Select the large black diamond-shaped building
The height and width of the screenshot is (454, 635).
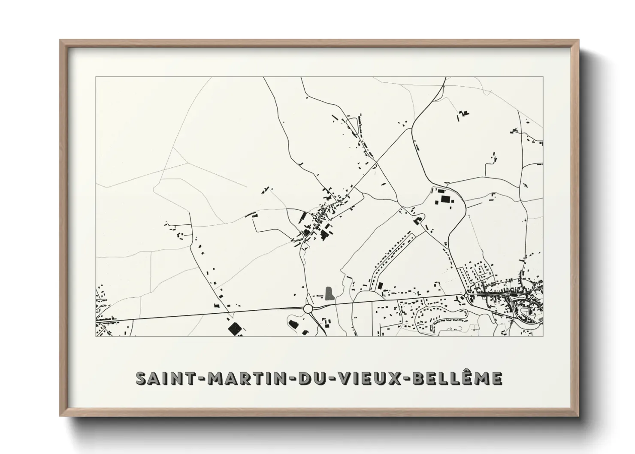234,329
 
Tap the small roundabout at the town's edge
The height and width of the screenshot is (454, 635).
466,296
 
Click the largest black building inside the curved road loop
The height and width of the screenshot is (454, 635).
444,199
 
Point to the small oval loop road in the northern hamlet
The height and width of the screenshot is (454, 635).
352,125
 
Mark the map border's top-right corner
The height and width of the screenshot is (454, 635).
543,77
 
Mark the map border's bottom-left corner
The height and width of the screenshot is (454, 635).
96,336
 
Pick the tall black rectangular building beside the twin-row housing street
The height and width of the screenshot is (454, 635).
379,285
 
